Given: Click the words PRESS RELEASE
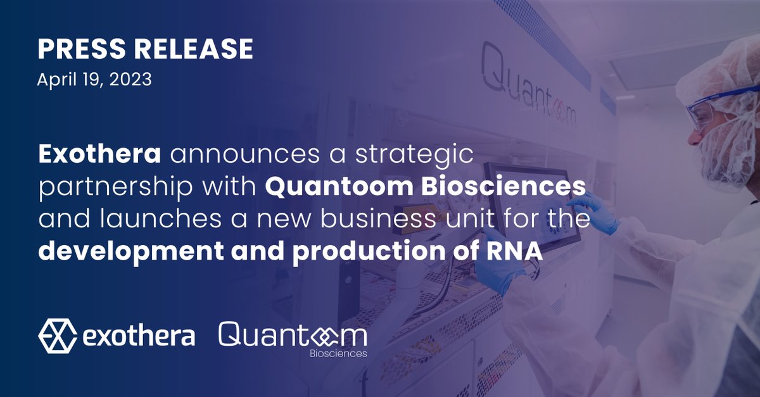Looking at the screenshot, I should pyautogui.click(x=145, y=49).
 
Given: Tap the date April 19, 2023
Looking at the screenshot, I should pyautogui.click(x=94, y=80).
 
